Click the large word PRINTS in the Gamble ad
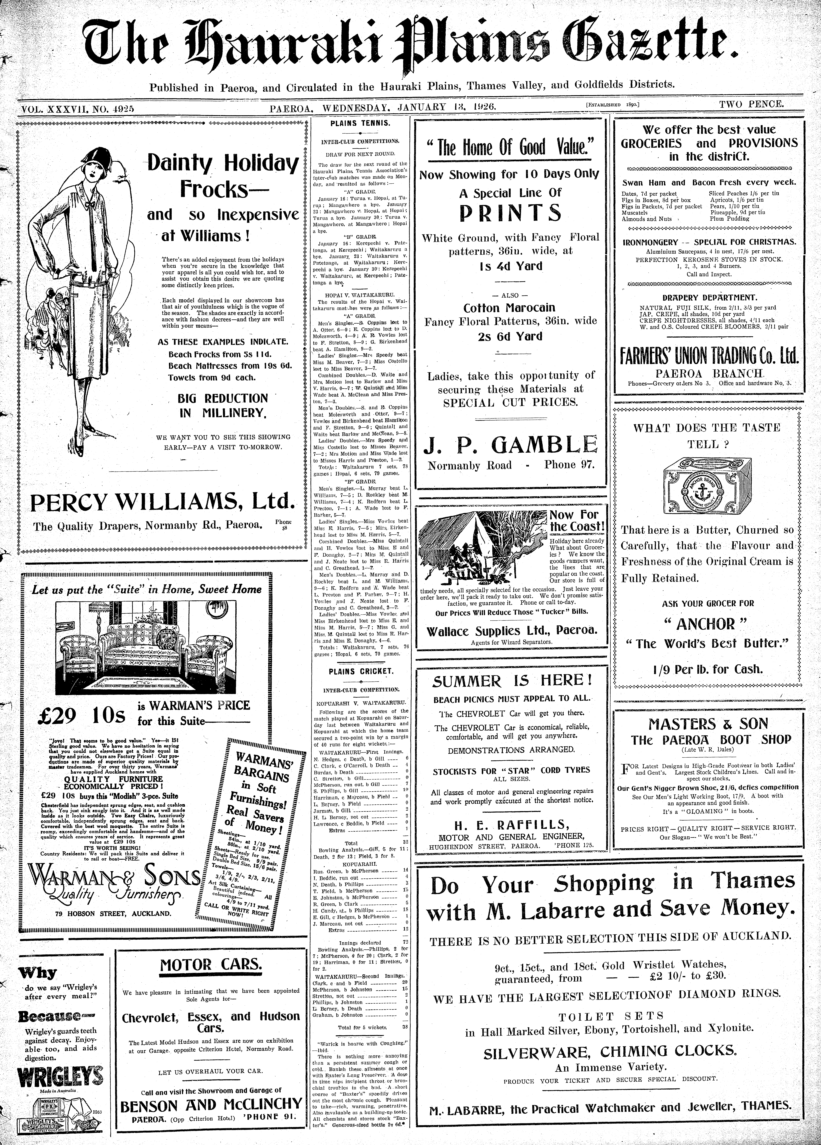point(510,213)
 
